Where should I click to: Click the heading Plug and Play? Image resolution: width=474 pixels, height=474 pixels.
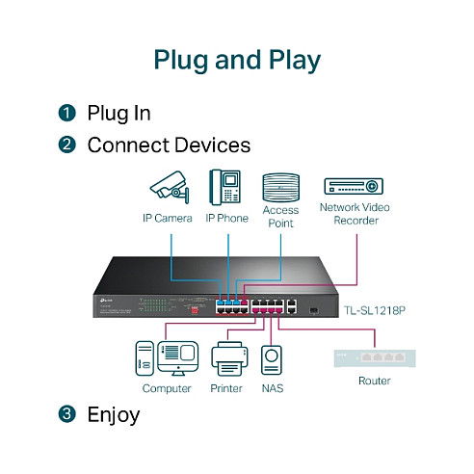click(237, 59)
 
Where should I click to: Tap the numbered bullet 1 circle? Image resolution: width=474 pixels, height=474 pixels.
click(66, 114)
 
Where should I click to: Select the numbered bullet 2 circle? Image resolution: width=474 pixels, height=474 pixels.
click(66, 145)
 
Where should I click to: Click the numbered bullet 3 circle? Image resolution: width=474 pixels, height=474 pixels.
click(66, 415)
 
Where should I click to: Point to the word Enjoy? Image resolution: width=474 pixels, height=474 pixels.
click(113, 415)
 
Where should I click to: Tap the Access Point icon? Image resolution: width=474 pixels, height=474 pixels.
click(280, 185)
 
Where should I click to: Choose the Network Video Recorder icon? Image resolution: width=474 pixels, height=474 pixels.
click(355, 187)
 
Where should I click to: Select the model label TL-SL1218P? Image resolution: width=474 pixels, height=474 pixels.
click(376, 311)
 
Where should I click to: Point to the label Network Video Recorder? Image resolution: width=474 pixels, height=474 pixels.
click(355, 213)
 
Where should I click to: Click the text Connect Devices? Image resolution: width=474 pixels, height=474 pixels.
click(169, 145)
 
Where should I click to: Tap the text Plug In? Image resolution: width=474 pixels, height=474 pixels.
click(118, 114)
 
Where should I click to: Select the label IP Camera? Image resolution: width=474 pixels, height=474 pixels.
click(167, 219)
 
